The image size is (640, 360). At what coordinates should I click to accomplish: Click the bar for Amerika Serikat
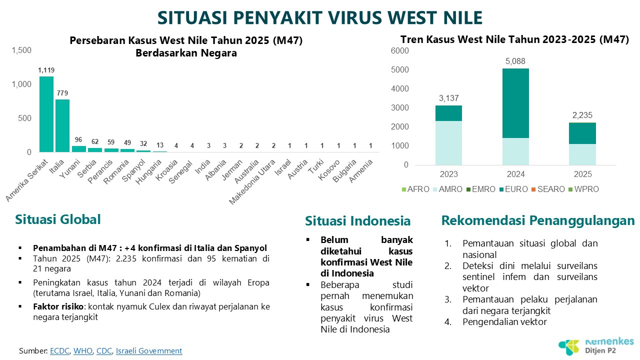46,114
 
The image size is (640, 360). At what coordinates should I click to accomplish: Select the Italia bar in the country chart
62,125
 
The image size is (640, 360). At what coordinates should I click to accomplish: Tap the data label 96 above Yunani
78,139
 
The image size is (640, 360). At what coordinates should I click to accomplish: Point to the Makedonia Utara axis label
252,182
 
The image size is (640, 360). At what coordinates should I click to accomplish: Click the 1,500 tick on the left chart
21,50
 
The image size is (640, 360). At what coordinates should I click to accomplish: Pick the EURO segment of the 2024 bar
515,103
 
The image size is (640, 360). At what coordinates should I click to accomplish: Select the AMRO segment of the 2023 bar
448,143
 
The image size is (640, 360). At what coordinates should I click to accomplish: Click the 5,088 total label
515,61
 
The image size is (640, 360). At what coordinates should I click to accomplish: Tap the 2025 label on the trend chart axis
583,174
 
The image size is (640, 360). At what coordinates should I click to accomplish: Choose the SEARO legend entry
548,189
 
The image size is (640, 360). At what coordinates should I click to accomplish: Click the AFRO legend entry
415,189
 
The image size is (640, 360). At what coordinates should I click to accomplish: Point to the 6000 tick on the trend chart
399,50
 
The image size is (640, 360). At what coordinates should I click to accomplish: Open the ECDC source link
59,350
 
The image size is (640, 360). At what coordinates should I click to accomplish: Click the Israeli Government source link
149,350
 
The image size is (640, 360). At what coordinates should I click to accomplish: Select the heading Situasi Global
58,219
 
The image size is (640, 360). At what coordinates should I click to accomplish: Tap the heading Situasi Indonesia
357,221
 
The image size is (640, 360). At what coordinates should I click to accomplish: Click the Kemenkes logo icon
569,347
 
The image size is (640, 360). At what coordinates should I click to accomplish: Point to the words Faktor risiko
58,306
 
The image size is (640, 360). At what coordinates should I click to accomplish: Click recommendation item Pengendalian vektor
504,321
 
